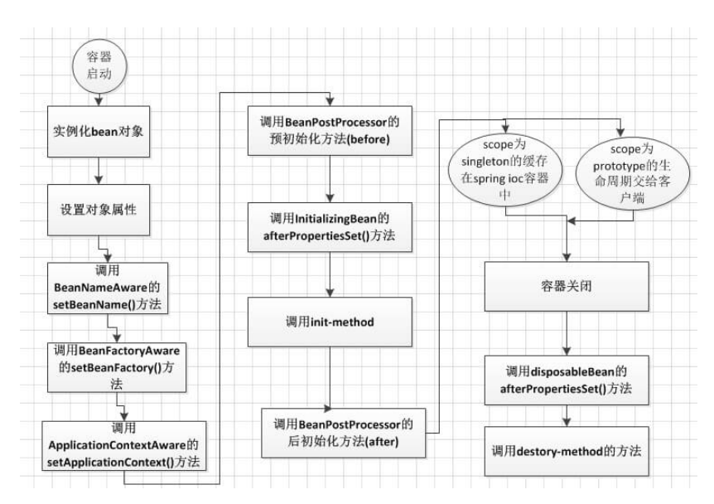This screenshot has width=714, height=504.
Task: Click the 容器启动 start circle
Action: point(99,66)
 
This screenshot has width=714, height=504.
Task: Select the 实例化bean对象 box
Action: point(99,132)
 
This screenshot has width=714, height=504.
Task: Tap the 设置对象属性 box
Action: point(99,210)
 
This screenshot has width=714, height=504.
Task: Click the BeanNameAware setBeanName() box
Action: point(108,288)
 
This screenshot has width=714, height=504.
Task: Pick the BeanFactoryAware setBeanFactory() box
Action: point(117,367)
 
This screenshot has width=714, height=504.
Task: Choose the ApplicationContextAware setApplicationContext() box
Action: point(124,446)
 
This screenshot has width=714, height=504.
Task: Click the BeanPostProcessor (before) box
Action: point(330,131)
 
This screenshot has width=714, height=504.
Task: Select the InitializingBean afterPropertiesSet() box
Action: point(330,227)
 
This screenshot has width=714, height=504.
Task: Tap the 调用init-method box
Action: point(330,322)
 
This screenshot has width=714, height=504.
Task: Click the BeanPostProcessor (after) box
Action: point(344,433)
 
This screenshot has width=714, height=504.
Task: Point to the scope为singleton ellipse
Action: point(505,169)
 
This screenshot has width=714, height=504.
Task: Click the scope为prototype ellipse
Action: point(633,173)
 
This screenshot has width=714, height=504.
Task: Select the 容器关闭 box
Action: point(567,286)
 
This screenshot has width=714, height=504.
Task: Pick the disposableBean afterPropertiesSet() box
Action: point(567,380)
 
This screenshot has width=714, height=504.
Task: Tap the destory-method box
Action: point(567,452)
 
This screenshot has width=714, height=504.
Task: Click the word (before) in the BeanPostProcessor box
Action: point(368,139)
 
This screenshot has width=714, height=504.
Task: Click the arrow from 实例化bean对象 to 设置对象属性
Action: point(99,171)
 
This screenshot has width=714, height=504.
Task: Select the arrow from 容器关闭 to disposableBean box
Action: point(567,333)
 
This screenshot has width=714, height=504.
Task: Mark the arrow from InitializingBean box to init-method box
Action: point(330,274)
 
